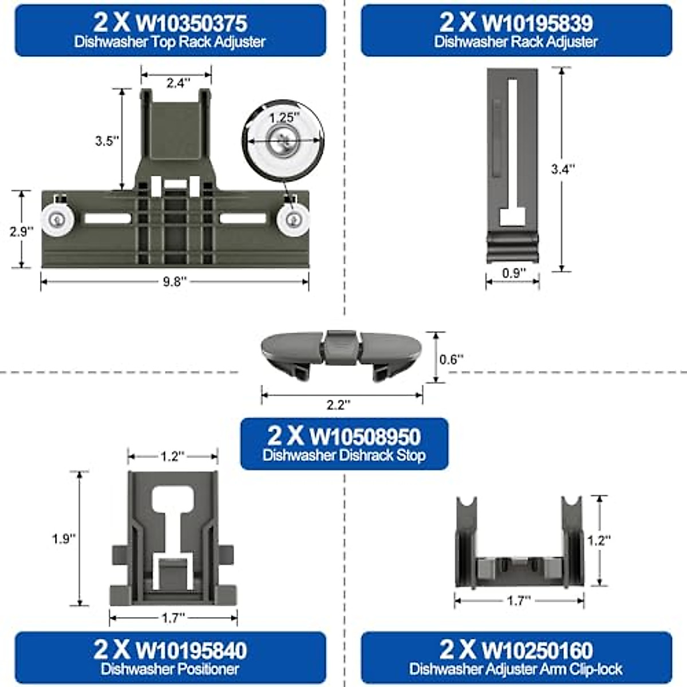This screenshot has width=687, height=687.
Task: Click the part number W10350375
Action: click(192, 23)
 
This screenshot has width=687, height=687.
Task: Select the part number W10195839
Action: click(538, 23)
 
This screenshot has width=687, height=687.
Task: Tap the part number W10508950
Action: click(365, 436)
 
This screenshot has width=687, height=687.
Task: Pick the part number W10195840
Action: click(191, 650)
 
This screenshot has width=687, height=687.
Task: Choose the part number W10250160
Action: click(537, 650)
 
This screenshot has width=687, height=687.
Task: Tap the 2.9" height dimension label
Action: click(22, 231)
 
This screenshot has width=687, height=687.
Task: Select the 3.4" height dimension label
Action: click(562, 169)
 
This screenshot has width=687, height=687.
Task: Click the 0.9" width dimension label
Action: click(514, 273)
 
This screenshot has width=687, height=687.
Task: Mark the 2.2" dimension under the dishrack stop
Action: click(338, 405)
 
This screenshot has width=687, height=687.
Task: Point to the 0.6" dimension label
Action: click(451, 360)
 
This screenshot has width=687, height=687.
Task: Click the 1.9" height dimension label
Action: click(64, 539)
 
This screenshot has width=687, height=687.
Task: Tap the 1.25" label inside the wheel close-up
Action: click(285, 117)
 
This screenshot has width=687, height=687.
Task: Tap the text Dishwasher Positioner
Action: click(170, 669)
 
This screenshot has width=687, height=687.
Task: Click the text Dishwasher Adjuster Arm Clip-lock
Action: click(516, 669)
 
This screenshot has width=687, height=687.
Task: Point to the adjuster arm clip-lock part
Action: click(519, 550)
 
